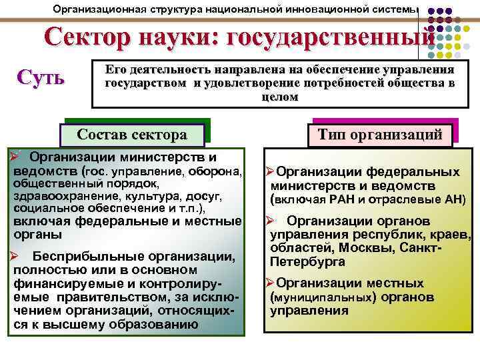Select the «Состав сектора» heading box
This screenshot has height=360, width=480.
click(x=132, y=134)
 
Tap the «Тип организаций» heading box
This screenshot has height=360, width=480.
click(x=379, y=134)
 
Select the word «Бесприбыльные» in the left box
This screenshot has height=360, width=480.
click(x=72, y=257)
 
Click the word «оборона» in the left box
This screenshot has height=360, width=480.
click(x=216, y=171)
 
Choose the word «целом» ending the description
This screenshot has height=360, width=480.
click(x=279, y=96)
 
